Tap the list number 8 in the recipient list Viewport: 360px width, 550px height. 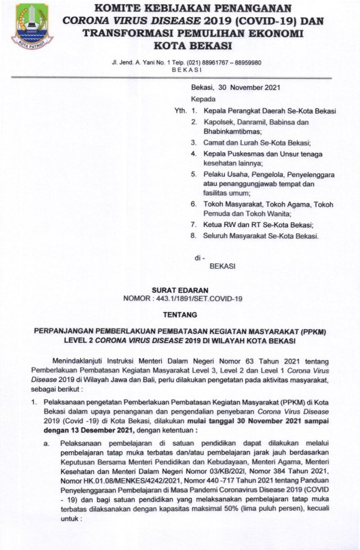coord(193,237)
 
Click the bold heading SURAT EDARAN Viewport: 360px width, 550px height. coord(180,291)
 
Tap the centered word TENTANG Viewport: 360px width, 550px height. coord(180,316)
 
